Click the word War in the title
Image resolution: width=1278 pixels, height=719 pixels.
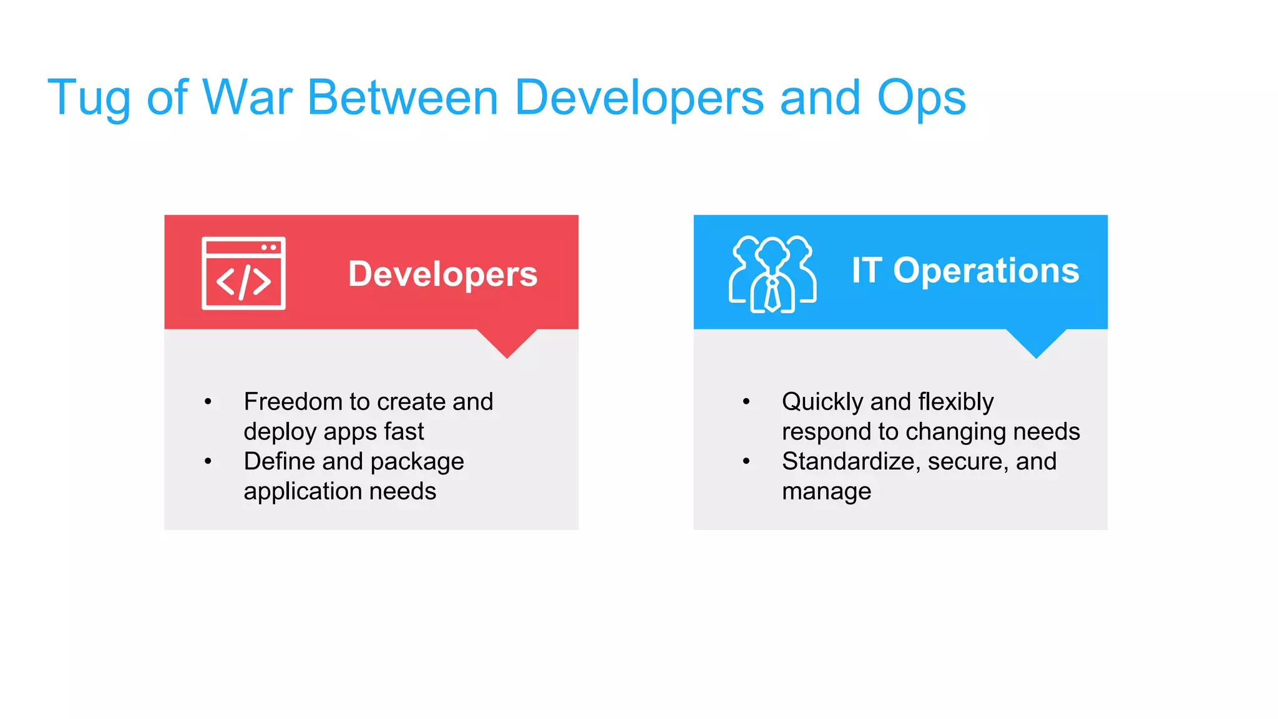247,97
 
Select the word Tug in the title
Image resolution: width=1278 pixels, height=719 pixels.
89,99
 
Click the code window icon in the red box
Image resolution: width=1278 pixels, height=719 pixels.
243,273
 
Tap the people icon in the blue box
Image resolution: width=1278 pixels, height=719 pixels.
773,274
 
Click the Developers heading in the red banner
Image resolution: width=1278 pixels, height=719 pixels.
442,274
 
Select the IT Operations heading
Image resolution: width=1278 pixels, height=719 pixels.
965,270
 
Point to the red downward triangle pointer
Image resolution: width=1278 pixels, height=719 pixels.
507,342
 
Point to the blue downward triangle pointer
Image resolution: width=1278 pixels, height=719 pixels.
1036,342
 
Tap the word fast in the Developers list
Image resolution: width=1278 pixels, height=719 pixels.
404,431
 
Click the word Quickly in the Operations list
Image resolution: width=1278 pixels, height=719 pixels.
822,402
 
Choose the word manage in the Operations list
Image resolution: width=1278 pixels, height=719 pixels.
826,492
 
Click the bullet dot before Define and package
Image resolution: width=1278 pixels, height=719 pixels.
208,461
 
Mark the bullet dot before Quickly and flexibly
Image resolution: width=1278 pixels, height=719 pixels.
746,401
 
